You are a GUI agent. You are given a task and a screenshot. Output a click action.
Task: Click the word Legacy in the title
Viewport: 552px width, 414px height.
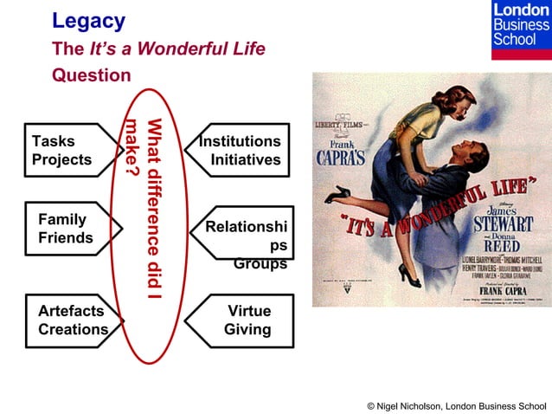[x=88, y=21]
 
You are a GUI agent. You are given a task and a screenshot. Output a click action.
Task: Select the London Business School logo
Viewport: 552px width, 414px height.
[x=520, y=29]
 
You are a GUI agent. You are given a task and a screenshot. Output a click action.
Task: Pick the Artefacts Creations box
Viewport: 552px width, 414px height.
[x=71, y=320]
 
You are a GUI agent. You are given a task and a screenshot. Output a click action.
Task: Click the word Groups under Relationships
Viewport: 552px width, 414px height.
[x=260, y=264]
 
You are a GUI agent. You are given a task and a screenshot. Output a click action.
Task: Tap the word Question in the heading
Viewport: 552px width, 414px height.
[x=91, y=75]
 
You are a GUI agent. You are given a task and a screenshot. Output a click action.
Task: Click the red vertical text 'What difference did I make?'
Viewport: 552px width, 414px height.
[x=144, y=208]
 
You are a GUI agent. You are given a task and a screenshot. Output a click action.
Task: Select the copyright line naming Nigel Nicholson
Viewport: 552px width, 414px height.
[x=456, y=405]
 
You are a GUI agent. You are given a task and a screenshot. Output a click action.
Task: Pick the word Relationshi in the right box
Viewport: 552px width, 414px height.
[x=246, y=227]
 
